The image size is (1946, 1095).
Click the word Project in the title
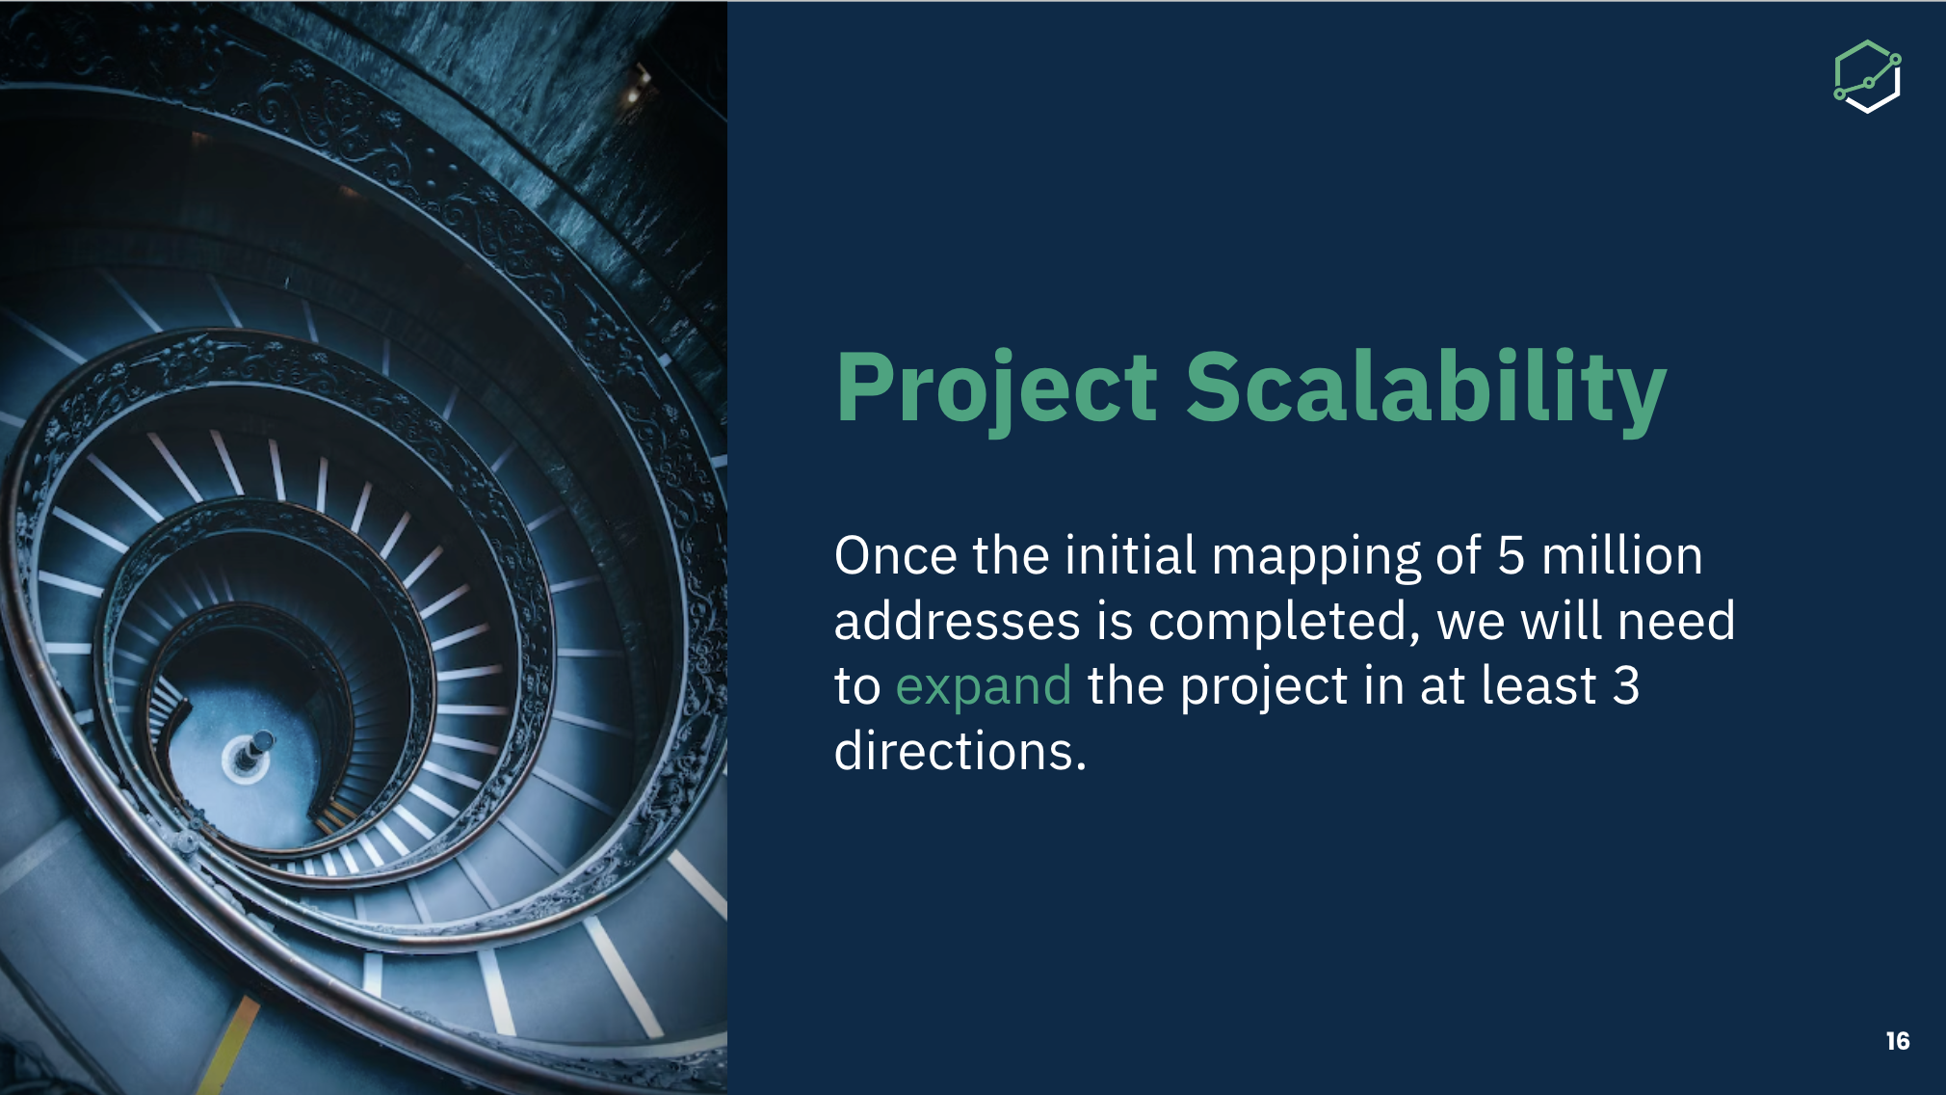click(x=997, y=388)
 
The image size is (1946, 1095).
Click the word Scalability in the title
click(x=1426, y=388)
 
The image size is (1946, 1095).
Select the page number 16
click(x=1898, y=1041)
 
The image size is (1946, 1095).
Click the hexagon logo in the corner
click(x=1867, y=77)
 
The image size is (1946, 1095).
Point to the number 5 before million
click(x=1512, y=556)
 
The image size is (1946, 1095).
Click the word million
click(x=1622, y=555)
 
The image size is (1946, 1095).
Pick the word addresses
click(x=957, y=621)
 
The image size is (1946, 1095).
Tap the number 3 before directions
click(x=1626, y=686)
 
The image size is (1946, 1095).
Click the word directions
click(x=960, y=751)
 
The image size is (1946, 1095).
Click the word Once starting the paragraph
click(x=896, y=556)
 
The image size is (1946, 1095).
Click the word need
click(x=1676, y=621)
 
